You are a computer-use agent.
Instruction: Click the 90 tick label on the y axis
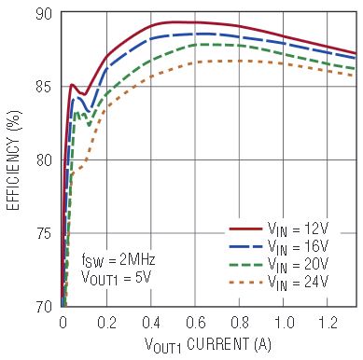pyautogui.click(x=44, y=15)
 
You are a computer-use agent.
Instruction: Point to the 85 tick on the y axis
pyautogui.click(x=44, y=88)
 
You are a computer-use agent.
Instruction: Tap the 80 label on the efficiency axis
pyautogui.click(x=44, y=160)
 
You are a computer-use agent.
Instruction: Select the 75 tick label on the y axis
pyautogui.click(x=44, y=234)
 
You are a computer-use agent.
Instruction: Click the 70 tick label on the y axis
pyautogui.click(x=44, y=307)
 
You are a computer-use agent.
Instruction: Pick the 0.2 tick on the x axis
pyautogui.click(x=106, y=323)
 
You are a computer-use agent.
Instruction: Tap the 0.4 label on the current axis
pyautogui.click(x=151, y=323)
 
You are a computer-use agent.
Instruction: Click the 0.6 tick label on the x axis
pyautogui.click(x=196, y=323)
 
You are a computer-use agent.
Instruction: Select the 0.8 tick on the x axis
pyautogui.click(x=240, y=323)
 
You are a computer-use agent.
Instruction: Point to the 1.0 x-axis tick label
pyautogui.click(x=284, y=323)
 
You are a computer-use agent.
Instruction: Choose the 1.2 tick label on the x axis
pyautogui.click(x=328, y=323)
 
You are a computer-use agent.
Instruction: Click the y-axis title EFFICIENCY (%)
pyautogui.click(x=13, y=160)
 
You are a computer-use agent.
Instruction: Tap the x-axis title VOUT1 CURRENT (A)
pyautogui.click(x=208, y=345)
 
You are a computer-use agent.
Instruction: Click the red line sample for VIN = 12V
pyautogui.click(x=245, y=229)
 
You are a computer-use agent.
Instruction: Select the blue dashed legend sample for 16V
pyautogui.click(x=245, y=246)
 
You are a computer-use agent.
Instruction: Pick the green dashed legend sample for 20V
pyautogui.click(x=245, y=265)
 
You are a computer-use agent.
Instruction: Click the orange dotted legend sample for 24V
pyautogui.click(x=245, y=283)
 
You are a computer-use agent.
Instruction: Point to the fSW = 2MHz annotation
pyautogui.click(x=119, y=260)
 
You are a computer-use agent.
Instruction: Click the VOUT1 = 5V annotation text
pyautogui.click(x=116, y=278)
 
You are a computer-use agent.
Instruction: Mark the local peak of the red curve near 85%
pyautogui.click(x=72, y=84)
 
